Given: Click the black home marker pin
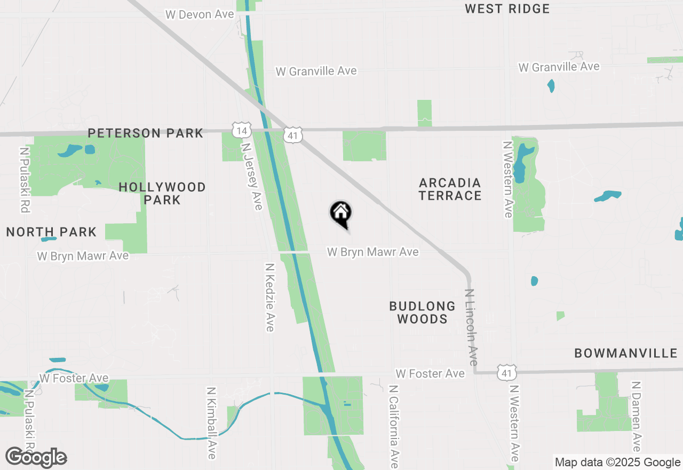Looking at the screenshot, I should click(x=341, y=214).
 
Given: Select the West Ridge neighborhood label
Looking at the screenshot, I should click(x=507, y=9).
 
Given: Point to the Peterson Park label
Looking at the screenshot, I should click(x=146, y=133).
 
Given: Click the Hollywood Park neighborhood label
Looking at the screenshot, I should click(x=162, y=193).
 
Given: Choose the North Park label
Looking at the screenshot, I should click(x=51, y=232).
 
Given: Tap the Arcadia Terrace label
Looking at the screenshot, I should click(x=450, y=189).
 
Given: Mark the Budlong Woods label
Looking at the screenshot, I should click(x=422, y=312).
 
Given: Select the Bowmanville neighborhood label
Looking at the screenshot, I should click(x=626, y=353).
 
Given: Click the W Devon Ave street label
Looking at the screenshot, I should click(x=200, y=14).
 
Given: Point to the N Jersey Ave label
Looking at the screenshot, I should click(x=252, y=176).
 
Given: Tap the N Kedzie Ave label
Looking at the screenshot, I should click(x=270, y=297).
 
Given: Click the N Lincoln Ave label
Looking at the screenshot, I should click(x=471, y=327).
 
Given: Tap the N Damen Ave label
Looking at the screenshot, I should click(x=636, y=417).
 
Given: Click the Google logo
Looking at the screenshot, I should click(x=36, y=457).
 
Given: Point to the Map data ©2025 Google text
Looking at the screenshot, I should click(x=617, y=463).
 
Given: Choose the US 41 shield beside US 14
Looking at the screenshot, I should click(x=292, y=135).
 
